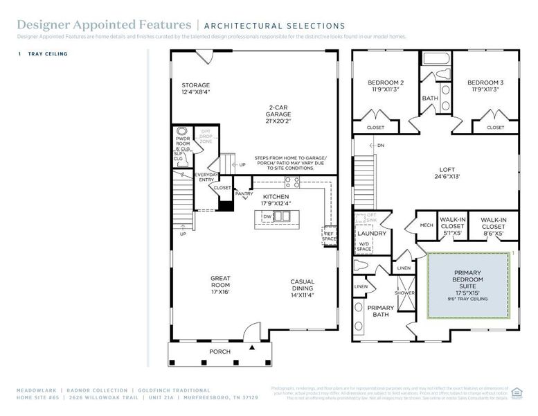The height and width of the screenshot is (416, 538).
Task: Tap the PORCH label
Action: [220, 352]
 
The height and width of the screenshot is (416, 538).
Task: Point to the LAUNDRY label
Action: [371, 234]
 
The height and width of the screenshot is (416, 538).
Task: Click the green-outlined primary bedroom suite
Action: [469, 286]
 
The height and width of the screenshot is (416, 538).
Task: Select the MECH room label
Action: [427, 225]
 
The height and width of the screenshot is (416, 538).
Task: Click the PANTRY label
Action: [244, 193]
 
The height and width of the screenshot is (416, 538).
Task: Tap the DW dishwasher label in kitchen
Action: [267, 216]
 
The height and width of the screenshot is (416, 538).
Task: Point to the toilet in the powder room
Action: [182, 130]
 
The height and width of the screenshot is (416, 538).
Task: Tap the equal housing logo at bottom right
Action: [517, 392]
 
